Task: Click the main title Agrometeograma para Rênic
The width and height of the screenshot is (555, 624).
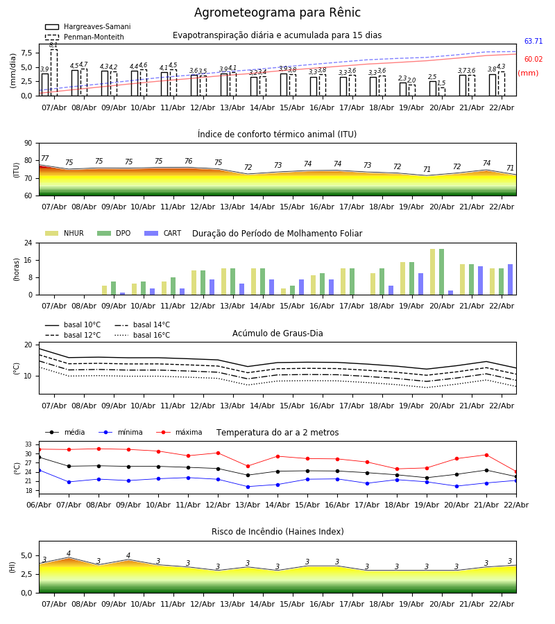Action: pyautogui.click(x=277, y=13)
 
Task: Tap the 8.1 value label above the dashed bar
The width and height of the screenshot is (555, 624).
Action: pyautogui.click(x=53, y=46)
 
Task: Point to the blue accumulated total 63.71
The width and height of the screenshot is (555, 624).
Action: pyautogui.click(x=533, y=42)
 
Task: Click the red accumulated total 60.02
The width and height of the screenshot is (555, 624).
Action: pyautogui.click(x=533, y=60)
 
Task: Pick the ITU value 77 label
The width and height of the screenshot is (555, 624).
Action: pyautogui.click(x=45, y=159)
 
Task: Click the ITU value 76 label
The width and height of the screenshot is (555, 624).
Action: pyautogui.click(x=188, y=162)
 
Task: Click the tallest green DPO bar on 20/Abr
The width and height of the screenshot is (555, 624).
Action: pyautogui.click(x=441, y=272)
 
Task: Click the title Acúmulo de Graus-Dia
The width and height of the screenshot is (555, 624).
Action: pyautogui.click(x=277, y=333)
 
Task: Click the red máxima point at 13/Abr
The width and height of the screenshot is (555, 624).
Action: pyautogui.click(x=248, y=467)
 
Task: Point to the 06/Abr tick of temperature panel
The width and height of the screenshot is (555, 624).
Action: pyautogui.click(x=39, y=505)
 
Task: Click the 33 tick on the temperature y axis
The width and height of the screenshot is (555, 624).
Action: pyautogui.click(x=28, y=444)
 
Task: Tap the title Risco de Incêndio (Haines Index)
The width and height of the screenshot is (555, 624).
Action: pyautogui.click(x=277, y=532)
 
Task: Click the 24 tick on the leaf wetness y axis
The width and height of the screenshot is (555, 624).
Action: pyautogui.click(x=28, y=243)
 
